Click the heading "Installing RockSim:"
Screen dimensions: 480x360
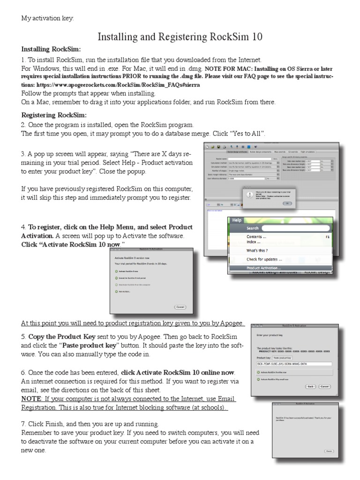tap(51, 49)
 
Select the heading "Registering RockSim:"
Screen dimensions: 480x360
tap(54, 115)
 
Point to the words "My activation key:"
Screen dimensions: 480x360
tap(47, 19)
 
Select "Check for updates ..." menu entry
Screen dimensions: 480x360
tap(264, 259)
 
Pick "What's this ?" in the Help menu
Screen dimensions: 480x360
tap(257, 250)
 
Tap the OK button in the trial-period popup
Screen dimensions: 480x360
tap(287, 203)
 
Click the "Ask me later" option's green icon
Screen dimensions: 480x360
tap(116, 291)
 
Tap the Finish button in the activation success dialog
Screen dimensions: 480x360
tap(329, 451)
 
